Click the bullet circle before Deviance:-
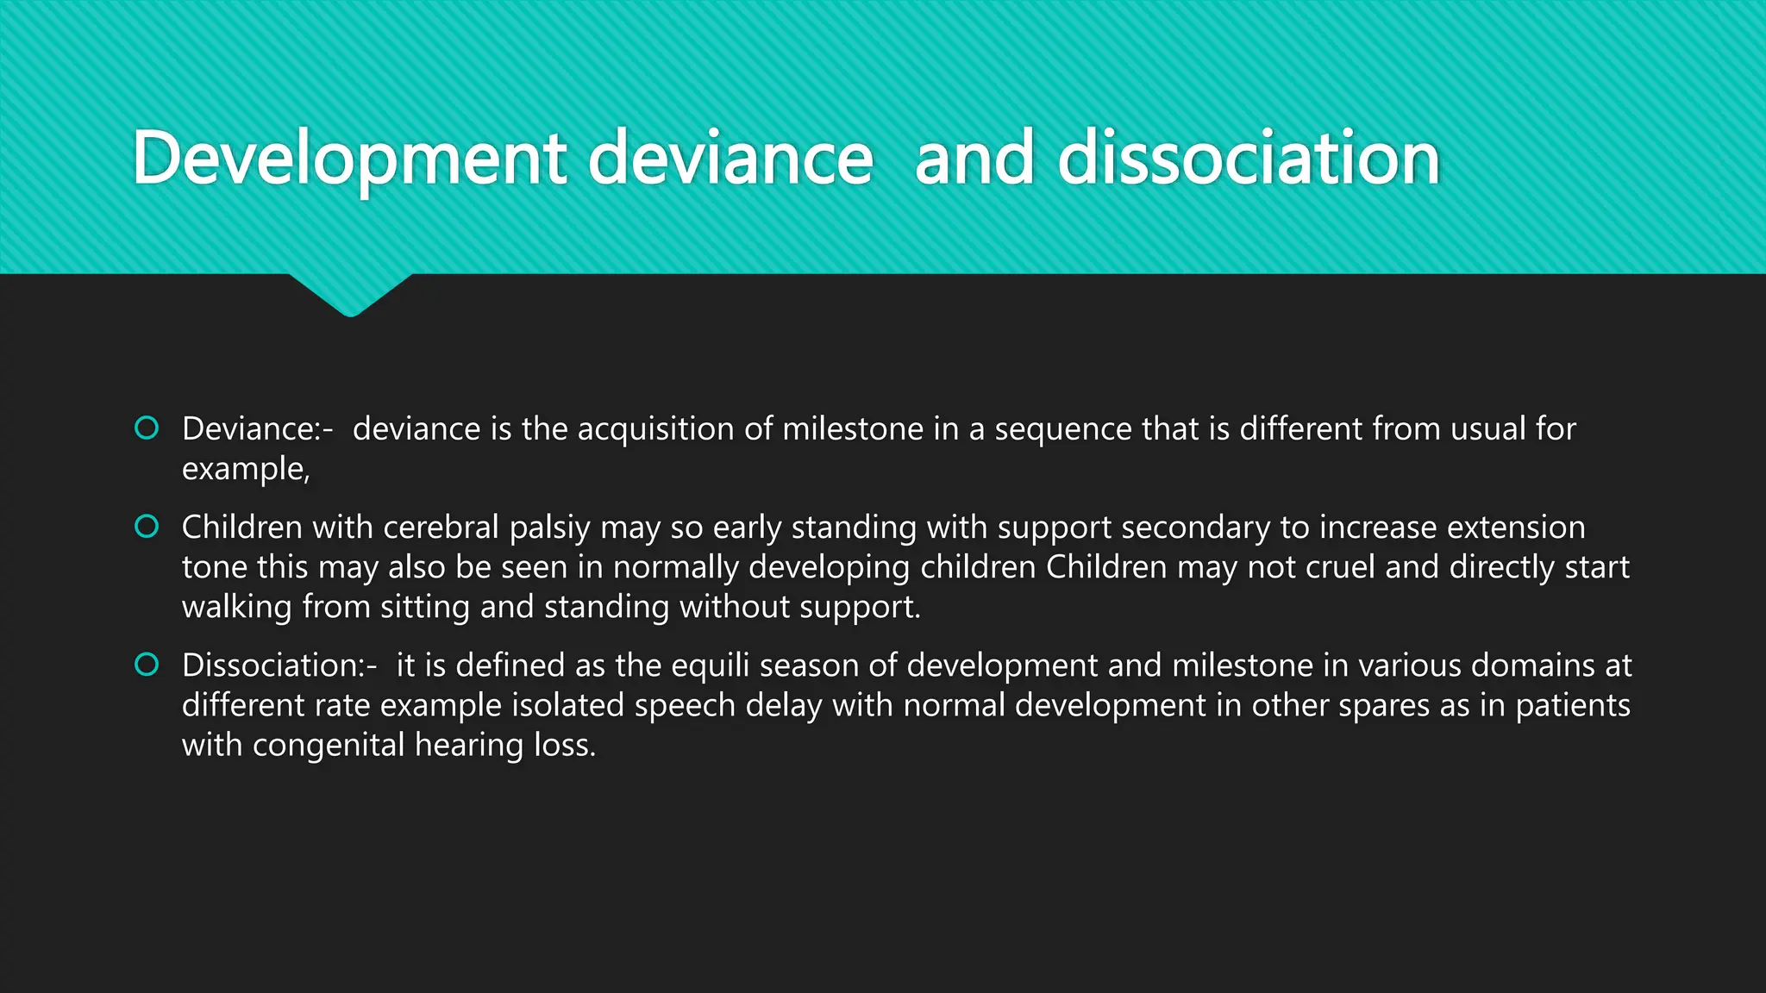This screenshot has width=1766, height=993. tap(147, 428)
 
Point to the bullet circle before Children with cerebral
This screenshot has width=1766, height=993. tap(147, 526)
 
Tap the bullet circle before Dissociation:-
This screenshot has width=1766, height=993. tap(147, 665)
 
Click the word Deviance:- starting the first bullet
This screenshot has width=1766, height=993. tap(257, 428)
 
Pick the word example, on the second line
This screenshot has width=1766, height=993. tap(246, 469)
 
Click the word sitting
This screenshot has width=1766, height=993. tap(425, 607)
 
